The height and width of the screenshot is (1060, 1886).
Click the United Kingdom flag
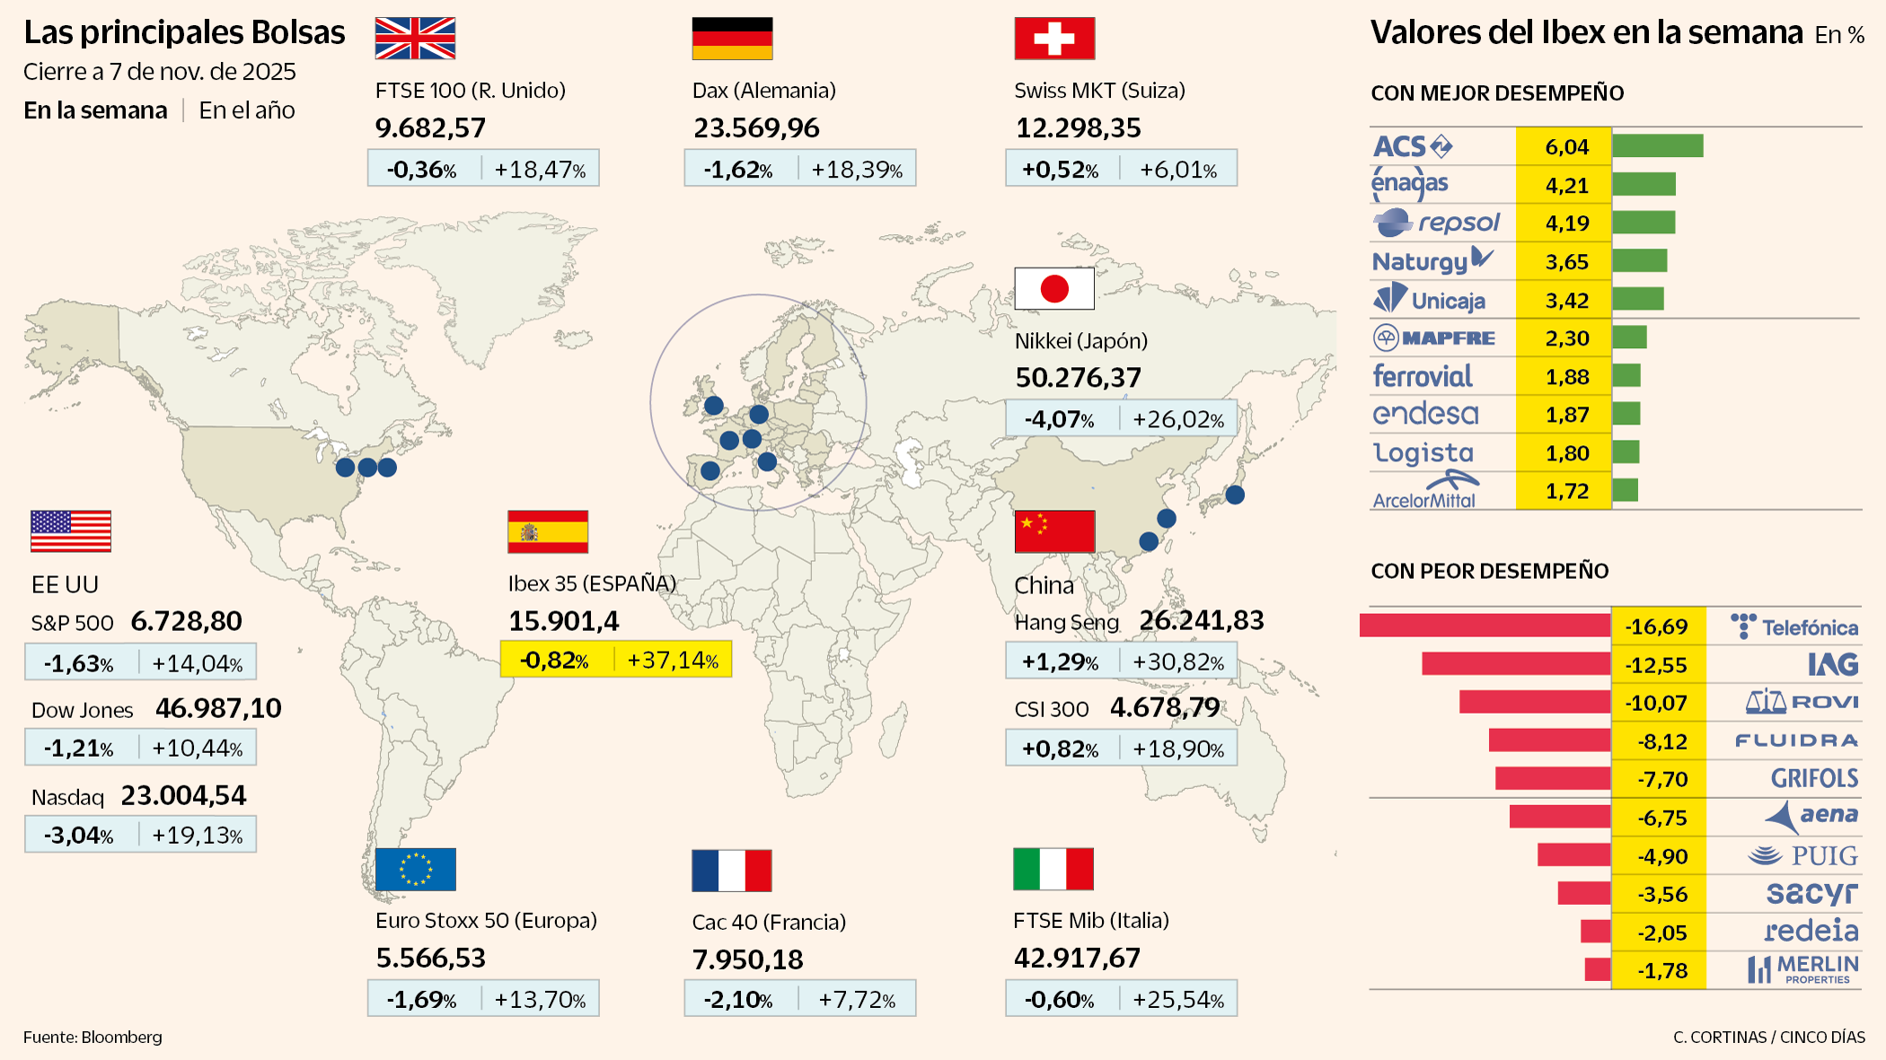pos(415,39)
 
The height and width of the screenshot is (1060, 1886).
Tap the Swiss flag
pos(1054,39)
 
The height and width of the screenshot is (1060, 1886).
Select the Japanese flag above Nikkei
pos(1054,288)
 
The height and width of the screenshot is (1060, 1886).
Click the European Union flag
pos(416,869)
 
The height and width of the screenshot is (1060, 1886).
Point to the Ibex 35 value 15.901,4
pos(564,621)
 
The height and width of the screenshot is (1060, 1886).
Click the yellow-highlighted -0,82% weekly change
pos(555,661)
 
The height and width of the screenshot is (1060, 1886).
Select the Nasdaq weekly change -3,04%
pos(79,836)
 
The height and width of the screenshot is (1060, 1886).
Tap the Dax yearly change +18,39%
pos(857,170)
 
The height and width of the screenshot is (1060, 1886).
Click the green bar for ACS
pos(1657,146)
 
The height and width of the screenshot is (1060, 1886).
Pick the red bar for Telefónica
pos(1485,626)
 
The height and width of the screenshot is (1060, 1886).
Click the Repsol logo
pos(1437,223)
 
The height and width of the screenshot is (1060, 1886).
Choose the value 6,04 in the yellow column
pos(1566,147)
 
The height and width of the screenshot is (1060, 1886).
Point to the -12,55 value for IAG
pos(1656,665)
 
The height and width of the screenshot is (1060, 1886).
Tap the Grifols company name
pos(1814,778)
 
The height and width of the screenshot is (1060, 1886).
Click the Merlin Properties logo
pos(1803,969)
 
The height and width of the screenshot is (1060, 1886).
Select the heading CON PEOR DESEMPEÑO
pos(1489,571)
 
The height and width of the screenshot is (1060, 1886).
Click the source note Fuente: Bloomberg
pos(93,1038)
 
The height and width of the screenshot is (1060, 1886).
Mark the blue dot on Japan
pos(1235,495)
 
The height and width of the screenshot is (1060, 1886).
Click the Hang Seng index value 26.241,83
pos(1201,620)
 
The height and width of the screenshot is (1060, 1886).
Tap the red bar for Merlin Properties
pos(1597,969)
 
